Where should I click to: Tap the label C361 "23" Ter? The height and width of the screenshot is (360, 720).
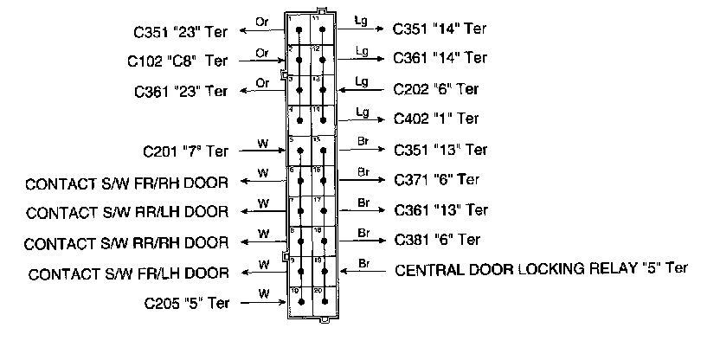(181, 91)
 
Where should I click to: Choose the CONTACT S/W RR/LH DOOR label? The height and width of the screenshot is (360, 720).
(127, 212)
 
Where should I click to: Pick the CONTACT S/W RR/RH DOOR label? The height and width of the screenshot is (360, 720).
(127, 242)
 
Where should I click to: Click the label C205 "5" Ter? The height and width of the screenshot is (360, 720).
(186, 303)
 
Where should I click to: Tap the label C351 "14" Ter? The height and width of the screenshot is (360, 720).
(440, 29)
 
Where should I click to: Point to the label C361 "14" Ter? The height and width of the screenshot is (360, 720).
(440, 58)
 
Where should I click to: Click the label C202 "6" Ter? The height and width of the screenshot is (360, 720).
(436, 88)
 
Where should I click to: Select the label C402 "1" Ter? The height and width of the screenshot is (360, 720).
(436, 119)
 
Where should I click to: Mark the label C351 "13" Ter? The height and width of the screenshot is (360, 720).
(440, 149)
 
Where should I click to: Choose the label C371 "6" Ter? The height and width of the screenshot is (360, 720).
(436, 180)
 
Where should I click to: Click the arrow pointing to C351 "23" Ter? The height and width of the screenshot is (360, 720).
(264, 29)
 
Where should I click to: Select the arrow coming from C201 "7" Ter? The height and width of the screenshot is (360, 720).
(264, 151)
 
